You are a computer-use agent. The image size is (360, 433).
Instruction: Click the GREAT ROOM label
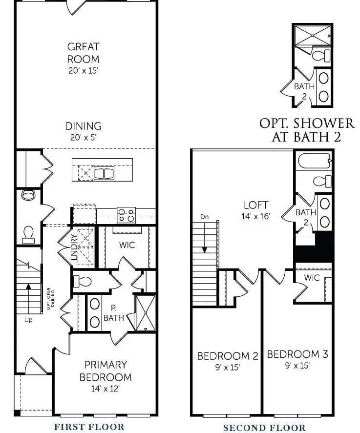point(84,53)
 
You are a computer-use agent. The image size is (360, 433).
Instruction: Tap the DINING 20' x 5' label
point(84,131)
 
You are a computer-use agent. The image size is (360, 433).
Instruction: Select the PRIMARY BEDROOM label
point(106,371)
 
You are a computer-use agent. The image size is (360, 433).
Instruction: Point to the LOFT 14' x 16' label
point(255,209)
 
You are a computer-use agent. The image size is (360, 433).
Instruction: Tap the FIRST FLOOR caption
point(89,427)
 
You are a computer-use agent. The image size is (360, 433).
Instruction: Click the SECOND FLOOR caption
point(264,428)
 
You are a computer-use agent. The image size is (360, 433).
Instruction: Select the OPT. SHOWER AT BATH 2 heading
point(307,129)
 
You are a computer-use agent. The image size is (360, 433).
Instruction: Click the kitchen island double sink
point(104,173)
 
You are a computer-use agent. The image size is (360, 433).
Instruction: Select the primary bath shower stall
point(146,312)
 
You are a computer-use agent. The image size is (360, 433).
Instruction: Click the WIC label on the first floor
point(127,245)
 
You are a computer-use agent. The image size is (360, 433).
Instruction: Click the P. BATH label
point(113,313)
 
